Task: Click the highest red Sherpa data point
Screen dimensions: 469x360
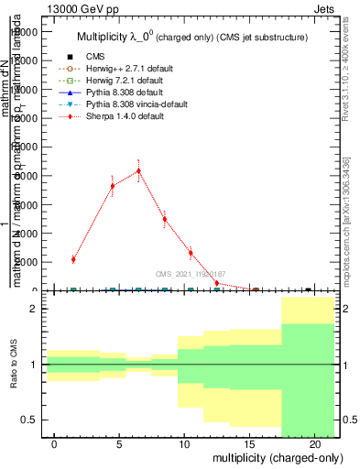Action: point(138,170)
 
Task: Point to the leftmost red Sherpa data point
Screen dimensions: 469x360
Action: point(73,259)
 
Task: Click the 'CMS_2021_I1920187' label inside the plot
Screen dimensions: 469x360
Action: point(190,274)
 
